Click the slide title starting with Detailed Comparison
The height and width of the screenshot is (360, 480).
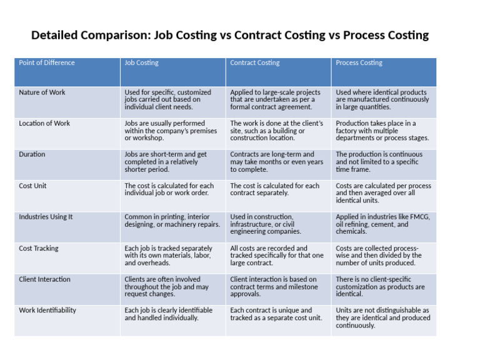pos(230,35)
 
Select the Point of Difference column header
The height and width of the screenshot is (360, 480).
pos(47,63)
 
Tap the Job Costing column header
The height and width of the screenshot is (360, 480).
pos(141,63)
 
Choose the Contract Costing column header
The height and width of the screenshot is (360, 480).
pos(255,63)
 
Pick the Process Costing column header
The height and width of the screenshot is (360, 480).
pos(359,63)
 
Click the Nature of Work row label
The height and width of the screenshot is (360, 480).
pos(42,92)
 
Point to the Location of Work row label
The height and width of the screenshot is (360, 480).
pos(44,124)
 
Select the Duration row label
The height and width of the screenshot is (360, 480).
pos(32,154)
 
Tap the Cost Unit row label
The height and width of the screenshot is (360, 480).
pos(32,186)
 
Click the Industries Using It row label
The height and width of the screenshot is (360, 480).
pos(46,217)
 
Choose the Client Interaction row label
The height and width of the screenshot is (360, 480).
pos(44,279)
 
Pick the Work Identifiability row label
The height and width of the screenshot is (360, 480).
pos(47,311)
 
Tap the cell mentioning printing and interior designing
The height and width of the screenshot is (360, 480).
pos(172,221)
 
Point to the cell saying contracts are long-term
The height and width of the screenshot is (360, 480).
pos(277,162)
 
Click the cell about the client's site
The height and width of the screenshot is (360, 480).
pos(277,131)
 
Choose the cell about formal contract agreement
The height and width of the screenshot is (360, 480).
pos(277,99)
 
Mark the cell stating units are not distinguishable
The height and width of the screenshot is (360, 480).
pos(382,317)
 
